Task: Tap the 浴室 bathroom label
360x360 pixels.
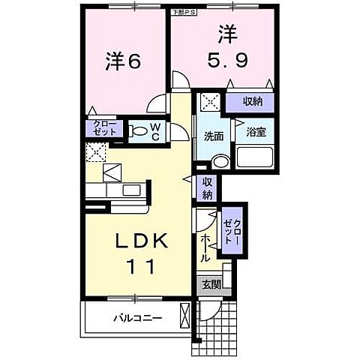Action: click(256, 133)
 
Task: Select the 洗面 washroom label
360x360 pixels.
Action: click(214, 136)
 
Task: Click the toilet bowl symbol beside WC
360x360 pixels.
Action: click(139, 133)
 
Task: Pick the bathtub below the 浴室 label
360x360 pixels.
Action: click(256, 158)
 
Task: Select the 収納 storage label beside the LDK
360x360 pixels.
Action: click(207, 187)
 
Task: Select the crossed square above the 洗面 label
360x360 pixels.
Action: click(209, 102)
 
